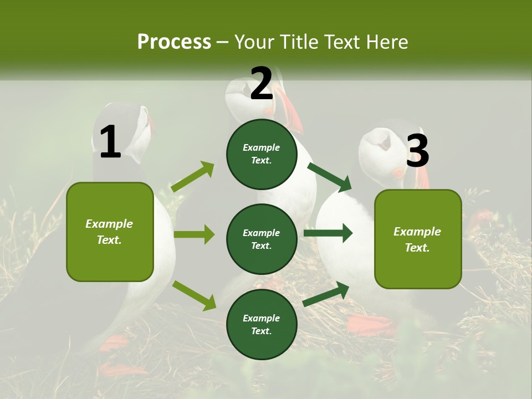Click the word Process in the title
point(174,42)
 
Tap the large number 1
point(110,142)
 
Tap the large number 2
point(261,84)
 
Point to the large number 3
point(417,151)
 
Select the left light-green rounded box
point(110,232)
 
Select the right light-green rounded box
point(418,239)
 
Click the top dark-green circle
point(262,154)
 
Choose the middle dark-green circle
point(262,239)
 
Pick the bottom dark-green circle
point(262,324)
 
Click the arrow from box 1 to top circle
point(193,176)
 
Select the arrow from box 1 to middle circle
point(194,234)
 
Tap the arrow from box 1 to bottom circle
point(194,295)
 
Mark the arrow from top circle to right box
point(329,176)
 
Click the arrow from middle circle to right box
point(328,233)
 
